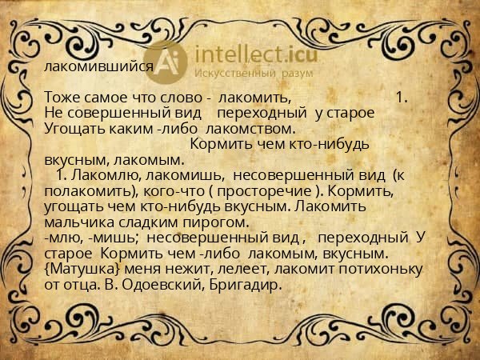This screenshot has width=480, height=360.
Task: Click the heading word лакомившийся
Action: tap(98, 66)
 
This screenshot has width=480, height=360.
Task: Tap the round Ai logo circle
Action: tap(166, 62)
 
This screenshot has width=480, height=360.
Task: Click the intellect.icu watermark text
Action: tap(256, 54)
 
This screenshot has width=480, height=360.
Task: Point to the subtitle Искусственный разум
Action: tap(254, 74)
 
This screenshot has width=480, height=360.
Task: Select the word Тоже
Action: tap(62, 98)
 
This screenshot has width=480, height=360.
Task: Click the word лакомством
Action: tap(250, 129)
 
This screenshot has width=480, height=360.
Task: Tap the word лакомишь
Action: tap(186, 175)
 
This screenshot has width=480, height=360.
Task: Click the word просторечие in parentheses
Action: tap(264, 191)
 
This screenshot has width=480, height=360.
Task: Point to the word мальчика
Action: tap(79, 222)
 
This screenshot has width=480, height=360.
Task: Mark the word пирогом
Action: tap(216, 223)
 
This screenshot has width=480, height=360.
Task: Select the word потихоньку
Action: tap(381, 270)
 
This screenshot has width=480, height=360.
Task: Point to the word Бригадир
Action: tap(246, 285)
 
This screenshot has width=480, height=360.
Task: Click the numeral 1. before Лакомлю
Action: tap(62, 175)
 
